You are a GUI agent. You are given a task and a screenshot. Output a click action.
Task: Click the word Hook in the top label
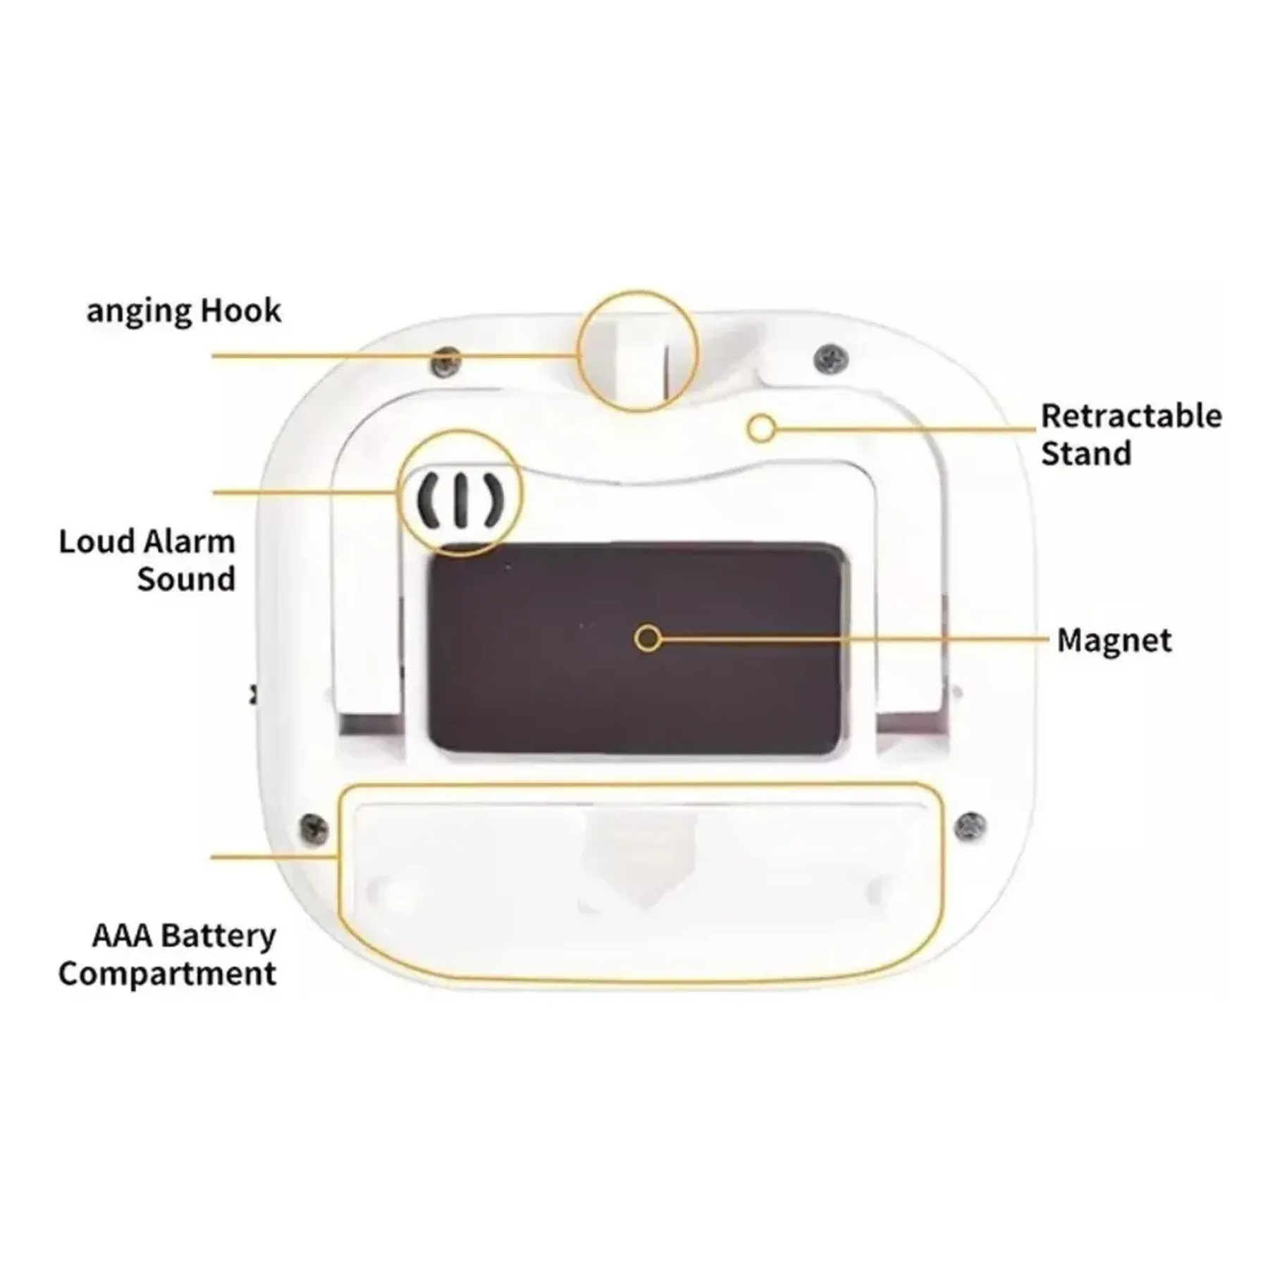pyautogui.click(x=241, y=310)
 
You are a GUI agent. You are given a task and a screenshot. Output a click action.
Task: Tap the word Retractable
pyautogui.click(x=1131, y=416)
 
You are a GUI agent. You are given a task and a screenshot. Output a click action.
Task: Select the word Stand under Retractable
pyautogui.click(x=1086, y=453)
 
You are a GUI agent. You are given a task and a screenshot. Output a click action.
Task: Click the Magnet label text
pyautogui.click(x=1114, y=641)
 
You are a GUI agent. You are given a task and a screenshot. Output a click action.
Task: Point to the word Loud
pyautogui.click(x=96, y=542)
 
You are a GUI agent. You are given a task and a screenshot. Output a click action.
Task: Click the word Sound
pyautogui.click(x=186, y=579)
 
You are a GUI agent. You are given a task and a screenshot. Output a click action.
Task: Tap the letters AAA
pyautogui.click(x=122, y=936)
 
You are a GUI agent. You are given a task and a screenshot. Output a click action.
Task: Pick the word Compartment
pyautogui.click(x=167, y=974)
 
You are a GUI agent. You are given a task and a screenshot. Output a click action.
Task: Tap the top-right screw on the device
pyautogui.click(x=831, y=359)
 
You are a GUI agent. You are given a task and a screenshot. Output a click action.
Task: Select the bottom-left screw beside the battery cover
pyautogui.click(x=314, y=827)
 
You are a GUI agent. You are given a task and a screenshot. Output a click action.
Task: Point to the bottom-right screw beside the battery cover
pyautogui.click(x=971, y=825)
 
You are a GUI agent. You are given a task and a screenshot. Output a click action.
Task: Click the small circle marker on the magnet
pyautogui.click(x=648, y=639)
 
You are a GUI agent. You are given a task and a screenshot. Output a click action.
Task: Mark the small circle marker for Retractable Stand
pyautogui.click(x=761, y=428)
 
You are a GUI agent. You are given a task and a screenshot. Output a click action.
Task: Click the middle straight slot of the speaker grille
pyautogui.click(x=460, y=501)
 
